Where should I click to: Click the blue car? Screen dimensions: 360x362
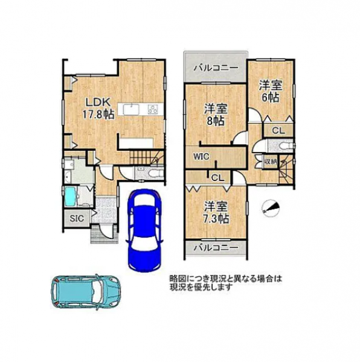coord(144,230)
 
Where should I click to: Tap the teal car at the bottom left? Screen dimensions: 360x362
coord(86,291)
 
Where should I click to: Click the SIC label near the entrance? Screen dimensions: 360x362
coord(77,218)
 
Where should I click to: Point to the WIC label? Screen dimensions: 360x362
coord(201,156)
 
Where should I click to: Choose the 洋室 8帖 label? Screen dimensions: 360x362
coord(216,115)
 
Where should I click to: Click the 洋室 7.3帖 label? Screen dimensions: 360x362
coord(216,212)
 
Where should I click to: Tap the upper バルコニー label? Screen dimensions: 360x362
coord(216,68)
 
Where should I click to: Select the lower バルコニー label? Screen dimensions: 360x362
coord(216,247)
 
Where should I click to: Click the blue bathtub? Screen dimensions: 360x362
coord(70,197)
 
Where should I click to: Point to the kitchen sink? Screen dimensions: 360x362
coord(131,109)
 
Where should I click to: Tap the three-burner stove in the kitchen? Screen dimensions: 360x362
coord(153,109)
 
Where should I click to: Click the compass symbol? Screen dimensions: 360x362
coord(271,207)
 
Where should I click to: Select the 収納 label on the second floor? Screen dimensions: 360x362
coord(271,161)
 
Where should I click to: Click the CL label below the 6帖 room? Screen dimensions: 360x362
coord(278,131)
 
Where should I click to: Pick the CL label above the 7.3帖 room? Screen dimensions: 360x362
coord(217,178)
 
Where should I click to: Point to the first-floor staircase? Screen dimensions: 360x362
coord(146,157)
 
